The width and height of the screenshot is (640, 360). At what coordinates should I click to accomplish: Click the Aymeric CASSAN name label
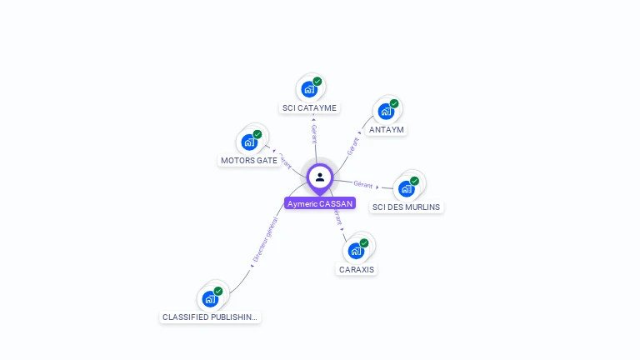coord(320,203)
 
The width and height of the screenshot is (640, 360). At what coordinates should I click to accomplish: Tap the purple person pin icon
coord(320,177)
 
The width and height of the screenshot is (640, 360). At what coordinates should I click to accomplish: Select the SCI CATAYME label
coord(310,107)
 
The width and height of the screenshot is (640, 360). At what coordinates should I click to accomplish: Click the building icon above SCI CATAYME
coord(310,89)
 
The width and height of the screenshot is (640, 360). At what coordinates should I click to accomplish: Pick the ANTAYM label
coord(387,130)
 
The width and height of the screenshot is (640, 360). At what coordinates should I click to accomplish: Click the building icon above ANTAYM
coord(386,111)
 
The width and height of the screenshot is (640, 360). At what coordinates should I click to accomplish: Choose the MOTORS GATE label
coord(249,160)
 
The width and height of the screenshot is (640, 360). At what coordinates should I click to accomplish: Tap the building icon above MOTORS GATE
coord(249,142)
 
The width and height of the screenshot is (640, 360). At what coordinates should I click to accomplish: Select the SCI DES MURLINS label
coord(407,207)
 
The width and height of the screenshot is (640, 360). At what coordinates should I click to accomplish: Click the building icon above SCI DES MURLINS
coord(407,188)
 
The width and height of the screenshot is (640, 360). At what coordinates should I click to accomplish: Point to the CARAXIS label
coord(357,269)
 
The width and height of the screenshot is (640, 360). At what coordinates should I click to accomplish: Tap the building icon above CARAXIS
coord(356,250)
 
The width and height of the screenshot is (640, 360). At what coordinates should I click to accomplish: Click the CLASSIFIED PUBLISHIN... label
coord(210,317)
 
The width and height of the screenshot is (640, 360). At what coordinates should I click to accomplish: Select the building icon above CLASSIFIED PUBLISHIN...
coord(210,298)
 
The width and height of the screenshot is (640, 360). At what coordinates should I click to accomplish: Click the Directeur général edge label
coord(265,241)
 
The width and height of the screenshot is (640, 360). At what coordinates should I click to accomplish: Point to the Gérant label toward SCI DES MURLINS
coord(362,184)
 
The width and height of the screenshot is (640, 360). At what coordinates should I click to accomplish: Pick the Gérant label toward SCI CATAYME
coord(313,134)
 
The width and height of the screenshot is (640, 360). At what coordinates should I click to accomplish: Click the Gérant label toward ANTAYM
coord(353,145)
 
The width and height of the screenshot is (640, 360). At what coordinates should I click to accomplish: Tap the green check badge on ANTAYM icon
coord(394,104)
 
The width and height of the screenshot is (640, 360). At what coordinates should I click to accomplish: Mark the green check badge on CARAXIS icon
coord(364,243)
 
